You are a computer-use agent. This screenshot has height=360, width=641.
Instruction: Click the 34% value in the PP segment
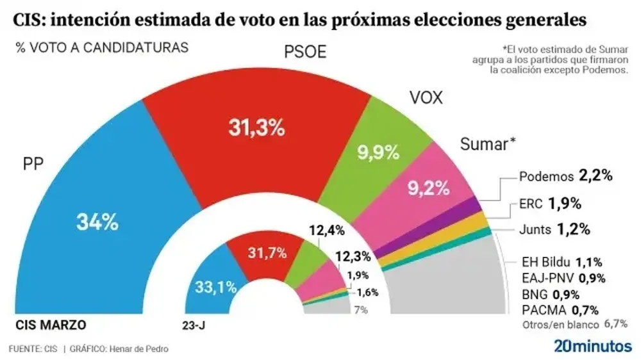click(x=97, y=223)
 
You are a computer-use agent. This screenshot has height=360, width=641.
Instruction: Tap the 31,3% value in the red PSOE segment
click(x=256, y=128)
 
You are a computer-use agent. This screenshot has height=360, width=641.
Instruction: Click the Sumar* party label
click(x=488, y=143)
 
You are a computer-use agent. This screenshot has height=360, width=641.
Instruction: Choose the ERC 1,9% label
click(x=554, y=204)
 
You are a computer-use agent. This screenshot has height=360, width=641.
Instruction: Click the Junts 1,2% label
click(x=556, y=229)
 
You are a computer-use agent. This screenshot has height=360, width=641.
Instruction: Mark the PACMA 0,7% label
click(x=561, y=311)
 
